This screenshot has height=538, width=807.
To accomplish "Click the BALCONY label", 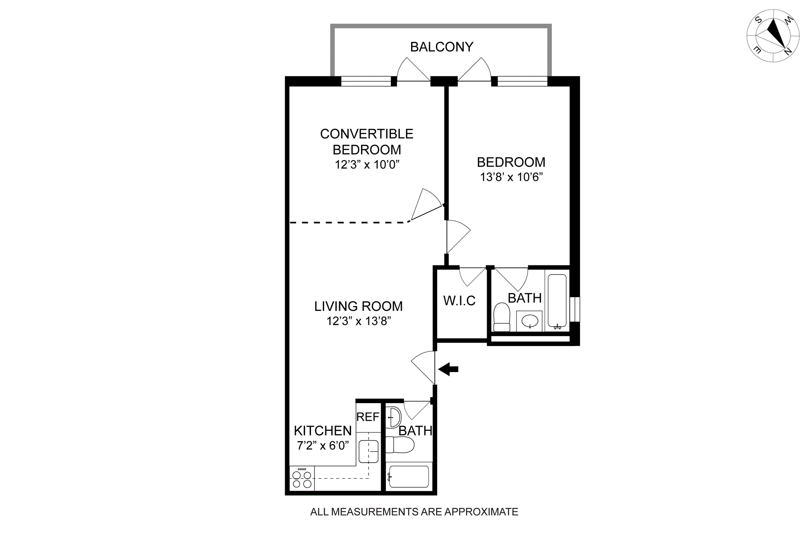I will point(441,47).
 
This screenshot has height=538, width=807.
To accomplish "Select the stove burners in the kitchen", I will point(302,479).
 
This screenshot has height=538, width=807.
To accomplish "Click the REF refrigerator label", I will point(368,417).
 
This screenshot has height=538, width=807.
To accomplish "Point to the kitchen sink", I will point(369,451).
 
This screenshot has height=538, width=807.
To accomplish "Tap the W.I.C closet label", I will point(459,301).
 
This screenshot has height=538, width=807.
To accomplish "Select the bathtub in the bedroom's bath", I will point(557,301).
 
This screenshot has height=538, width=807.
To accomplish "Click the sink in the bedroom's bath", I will point(530,322).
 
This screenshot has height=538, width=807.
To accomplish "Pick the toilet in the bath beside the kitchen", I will point(400,445).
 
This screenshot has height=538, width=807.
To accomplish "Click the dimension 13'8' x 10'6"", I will point(512,177).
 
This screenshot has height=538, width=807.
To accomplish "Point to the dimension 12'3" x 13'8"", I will point(359,321).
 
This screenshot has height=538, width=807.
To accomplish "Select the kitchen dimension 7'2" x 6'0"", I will point(323,446).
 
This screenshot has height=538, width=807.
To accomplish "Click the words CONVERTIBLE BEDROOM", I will point(367,142).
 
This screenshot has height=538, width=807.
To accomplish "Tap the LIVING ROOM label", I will point(359,306).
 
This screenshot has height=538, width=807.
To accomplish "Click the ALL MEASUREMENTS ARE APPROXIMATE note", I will point(414,512).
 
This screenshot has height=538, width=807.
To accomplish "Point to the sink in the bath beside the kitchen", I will point(394,417).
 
